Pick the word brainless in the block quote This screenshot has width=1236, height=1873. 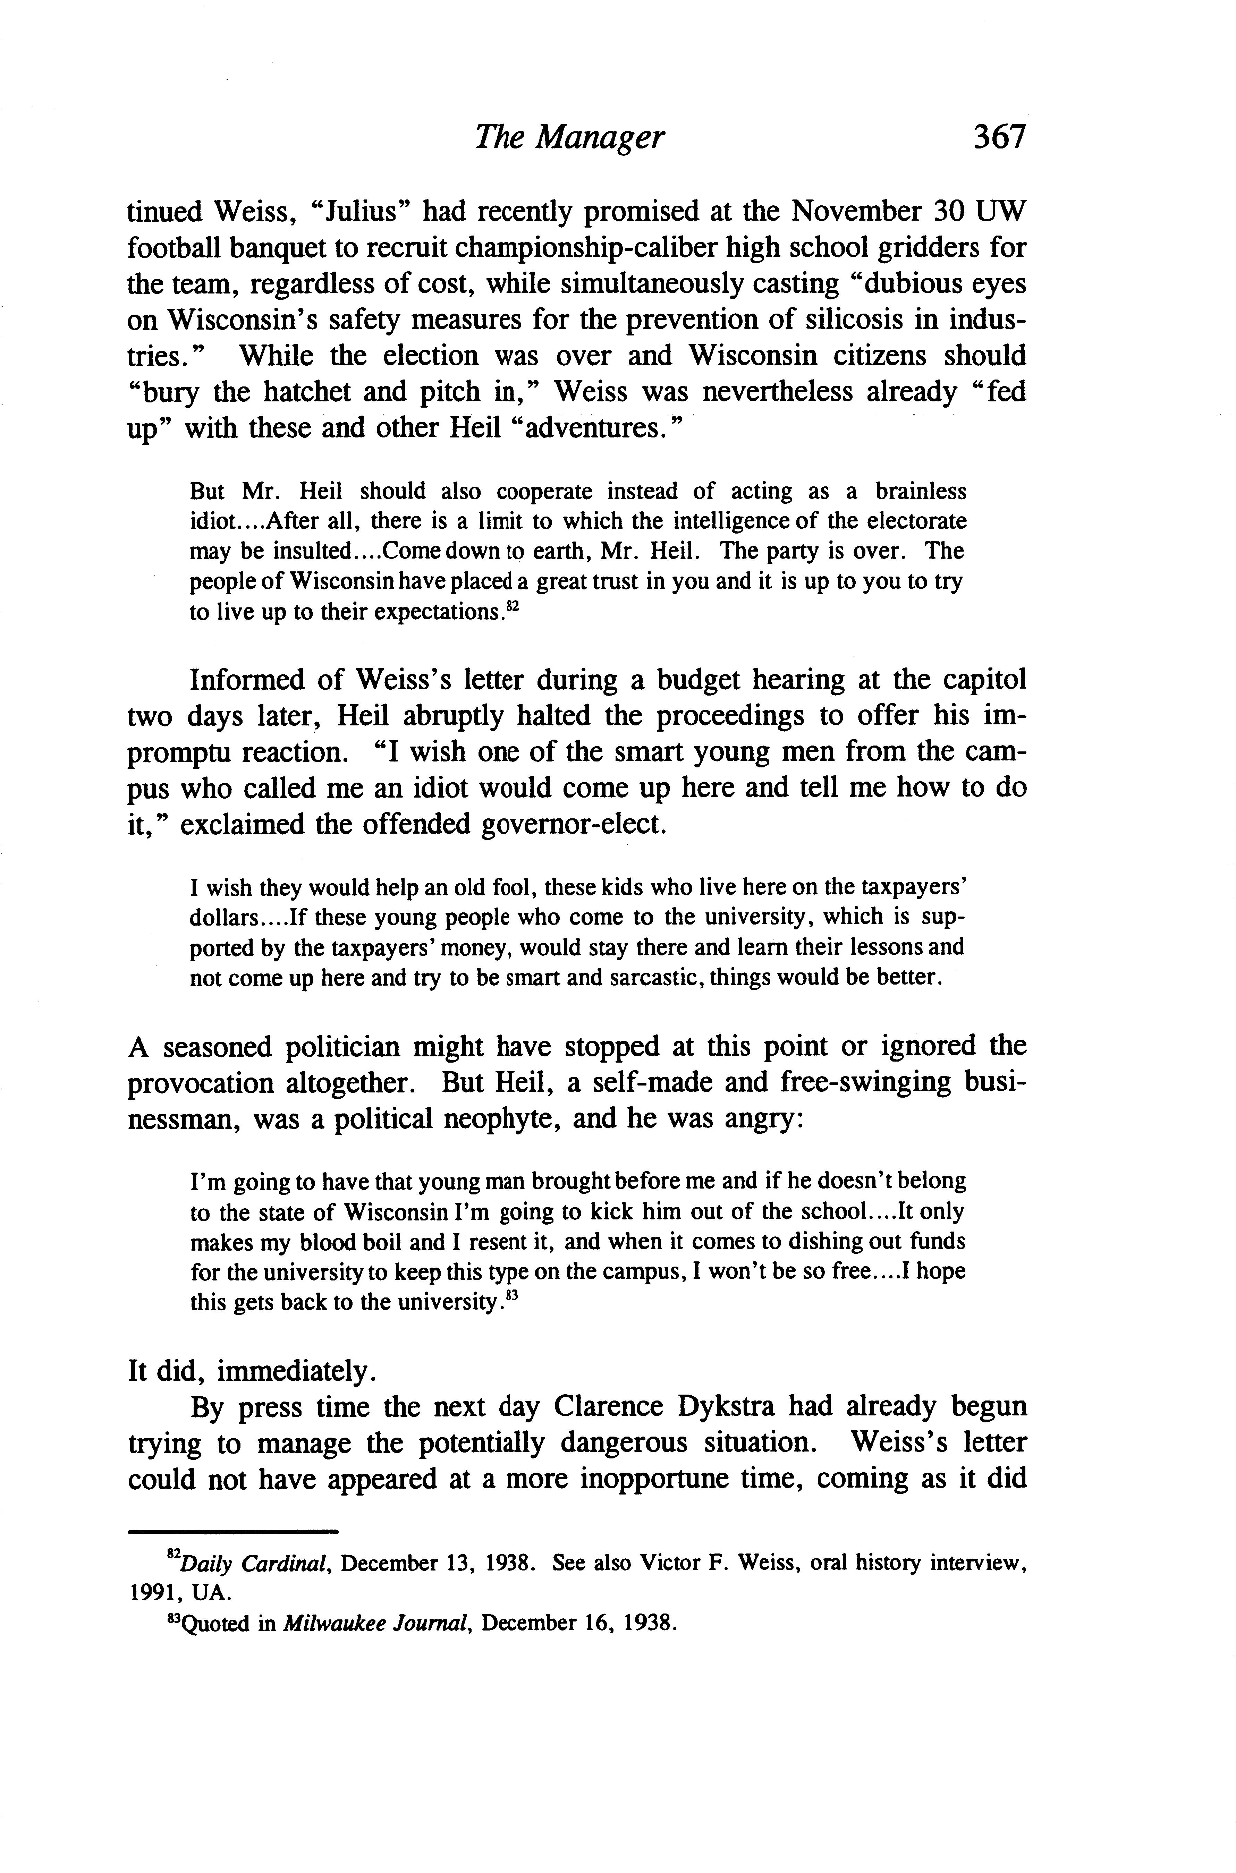click(921, 492)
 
